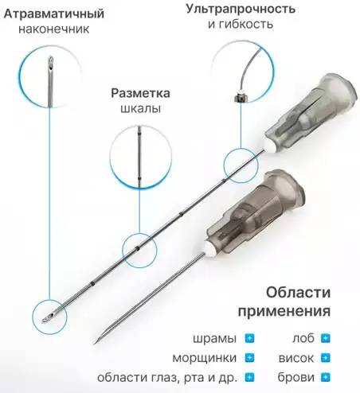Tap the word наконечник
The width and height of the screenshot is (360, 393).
tap(56, 29)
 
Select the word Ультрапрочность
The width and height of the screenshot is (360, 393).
tap(241, 9)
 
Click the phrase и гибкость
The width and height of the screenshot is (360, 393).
tap(241, 25)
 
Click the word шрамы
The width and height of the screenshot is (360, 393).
tap(215, 338)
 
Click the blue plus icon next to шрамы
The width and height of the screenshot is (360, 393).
tap(249, 338)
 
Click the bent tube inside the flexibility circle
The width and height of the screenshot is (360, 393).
tap(241, 72)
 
